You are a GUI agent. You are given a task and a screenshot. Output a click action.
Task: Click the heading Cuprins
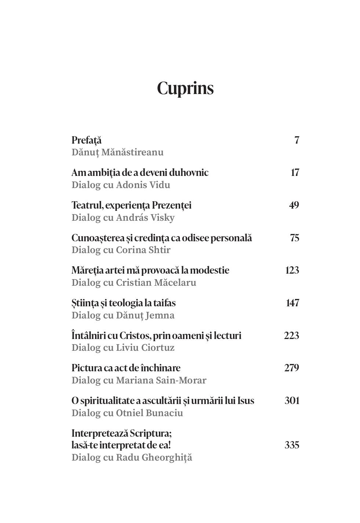(185, 88)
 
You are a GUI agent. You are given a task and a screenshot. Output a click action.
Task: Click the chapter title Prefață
(87, 140)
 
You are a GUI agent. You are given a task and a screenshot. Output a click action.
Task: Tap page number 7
(297, 140)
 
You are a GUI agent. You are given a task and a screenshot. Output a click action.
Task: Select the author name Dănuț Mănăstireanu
(117, 152)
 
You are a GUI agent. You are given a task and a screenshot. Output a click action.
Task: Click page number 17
(295, 173)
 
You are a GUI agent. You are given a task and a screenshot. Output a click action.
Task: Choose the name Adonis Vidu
(143, 185)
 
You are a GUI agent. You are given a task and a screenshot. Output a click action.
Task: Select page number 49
(294, 205)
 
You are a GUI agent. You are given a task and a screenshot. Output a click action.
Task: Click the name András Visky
(145, 217)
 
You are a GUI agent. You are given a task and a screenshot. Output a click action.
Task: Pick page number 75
(294, 238)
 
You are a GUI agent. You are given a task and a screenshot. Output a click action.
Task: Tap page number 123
(292, 270)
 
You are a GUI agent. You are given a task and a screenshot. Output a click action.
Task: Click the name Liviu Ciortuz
(145, 347)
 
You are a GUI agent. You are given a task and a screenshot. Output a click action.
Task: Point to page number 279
(292, 368)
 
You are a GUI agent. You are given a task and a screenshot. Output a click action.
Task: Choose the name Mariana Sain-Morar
(161, 380)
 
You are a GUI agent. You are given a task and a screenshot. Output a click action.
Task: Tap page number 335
(292, 445)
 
